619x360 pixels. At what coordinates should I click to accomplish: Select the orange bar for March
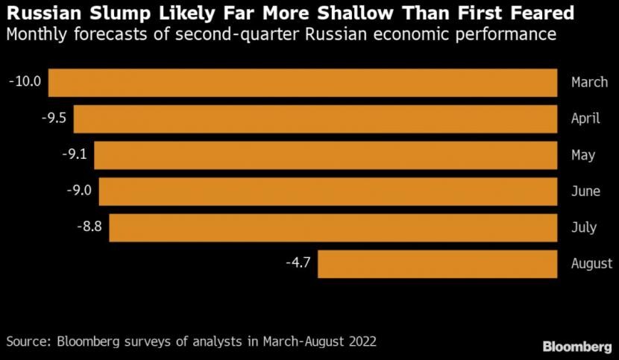303,83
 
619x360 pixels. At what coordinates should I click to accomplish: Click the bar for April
315,119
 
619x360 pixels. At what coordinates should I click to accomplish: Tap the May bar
325,155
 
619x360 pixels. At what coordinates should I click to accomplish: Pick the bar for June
328,192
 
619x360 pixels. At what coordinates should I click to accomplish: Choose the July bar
333,227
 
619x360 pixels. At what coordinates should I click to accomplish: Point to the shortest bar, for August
438,264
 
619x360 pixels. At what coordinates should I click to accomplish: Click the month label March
589,82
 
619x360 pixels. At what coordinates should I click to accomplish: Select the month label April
585,119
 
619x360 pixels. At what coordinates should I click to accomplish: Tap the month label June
585,191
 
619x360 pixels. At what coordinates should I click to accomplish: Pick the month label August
591,264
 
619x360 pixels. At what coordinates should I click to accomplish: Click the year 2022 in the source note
360,342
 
